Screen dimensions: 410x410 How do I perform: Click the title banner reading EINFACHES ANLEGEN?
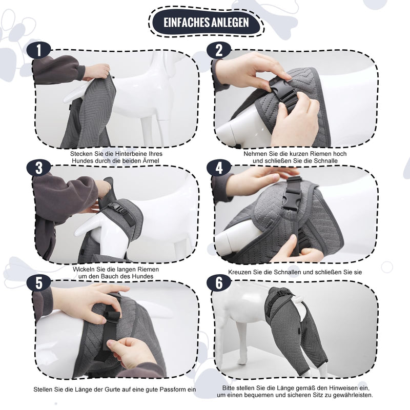[x=207, y=23]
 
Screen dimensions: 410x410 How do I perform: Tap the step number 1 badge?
[x=39, y=50]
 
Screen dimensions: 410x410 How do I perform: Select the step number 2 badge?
[x=219, y=50]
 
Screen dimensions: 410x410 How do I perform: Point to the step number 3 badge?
[x=39, y=168]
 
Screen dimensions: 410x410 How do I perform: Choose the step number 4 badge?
[x=219, y=168]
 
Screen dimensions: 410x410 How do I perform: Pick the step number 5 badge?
[x=39, y=283]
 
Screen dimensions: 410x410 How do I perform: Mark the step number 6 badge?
[x=219, y=283]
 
